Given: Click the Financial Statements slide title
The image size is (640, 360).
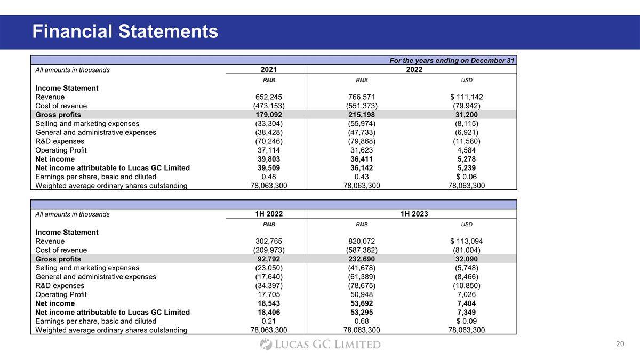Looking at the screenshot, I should pos(125,31).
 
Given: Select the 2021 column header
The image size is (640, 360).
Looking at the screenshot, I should pos(269,70).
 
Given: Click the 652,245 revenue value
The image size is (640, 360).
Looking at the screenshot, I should pos(269,97).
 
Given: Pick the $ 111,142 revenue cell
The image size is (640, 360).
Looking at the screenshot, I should pos(466,97).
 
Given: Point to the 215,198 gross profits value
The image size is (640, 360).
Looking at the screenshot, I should pos(362,115).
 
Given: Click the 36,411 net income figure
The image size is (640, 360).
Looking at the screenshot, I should pos(362,159).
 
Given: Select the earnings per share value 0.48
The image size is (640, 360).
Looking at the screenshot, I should pos(269,177).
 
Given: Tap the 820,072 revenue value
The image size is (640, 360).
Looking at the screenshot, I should pos(362,241).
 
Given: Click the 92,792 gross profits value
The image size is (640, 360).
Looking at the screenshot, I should pos(269,259).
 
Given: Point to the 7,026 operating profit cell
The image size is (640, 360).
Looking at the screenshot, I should pos(466,294).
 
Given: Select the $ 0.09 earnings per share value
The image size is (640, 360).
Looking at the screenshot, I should pos(466,321).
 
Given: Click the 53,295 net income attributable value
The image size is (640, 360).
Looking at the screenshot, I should pos(362,312).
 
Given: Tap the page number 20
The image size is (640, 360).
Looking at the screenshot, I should pos(620,344).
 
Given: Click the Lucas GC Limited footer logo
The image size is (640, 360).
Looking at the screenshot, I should pos(320,345).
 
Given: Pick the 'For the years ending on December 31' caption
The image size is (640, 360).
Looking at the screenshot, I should pos(452,61).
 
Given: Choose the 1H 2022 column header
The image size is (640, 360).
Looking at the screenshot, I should pos(269,214).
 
